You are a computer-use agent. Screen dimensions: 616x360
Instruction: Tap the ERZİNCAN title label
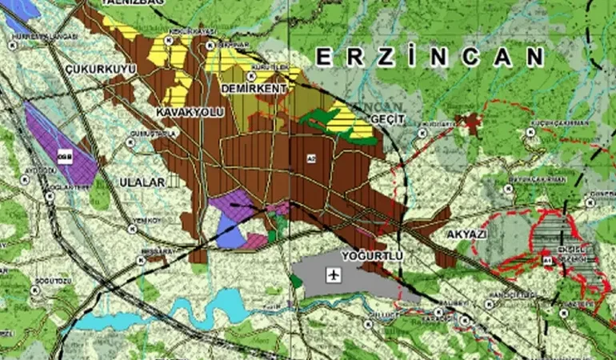(x=430, y=58)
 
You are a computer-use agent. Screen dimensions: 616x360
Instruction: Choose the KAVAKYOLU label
(x=190, y=112)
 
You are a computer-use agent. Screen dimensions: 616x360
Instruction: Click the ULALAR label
(x=141, y=182)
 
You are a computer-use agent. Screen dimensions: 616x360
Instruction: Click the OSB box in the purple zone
(x=64, y=158)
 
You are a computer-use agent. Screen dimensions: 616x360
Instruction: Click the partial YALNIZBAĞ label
(x=133, y=3)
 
